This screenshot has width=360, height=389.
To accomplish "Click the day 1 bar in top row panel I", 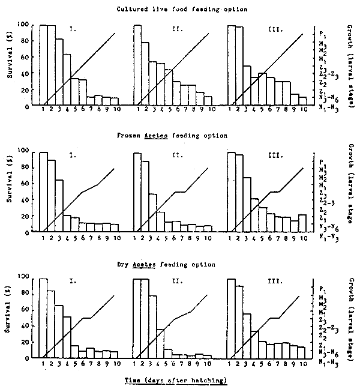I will point(43,65).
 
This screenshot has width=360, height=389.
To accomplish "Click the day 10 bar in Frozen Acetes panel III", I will point(302,223).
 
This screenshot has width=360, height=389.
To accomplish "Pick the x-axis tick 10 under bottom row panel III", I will point(303,364).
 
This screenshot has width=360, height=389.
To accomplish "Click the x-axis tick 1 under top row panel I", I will point(43,110).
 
